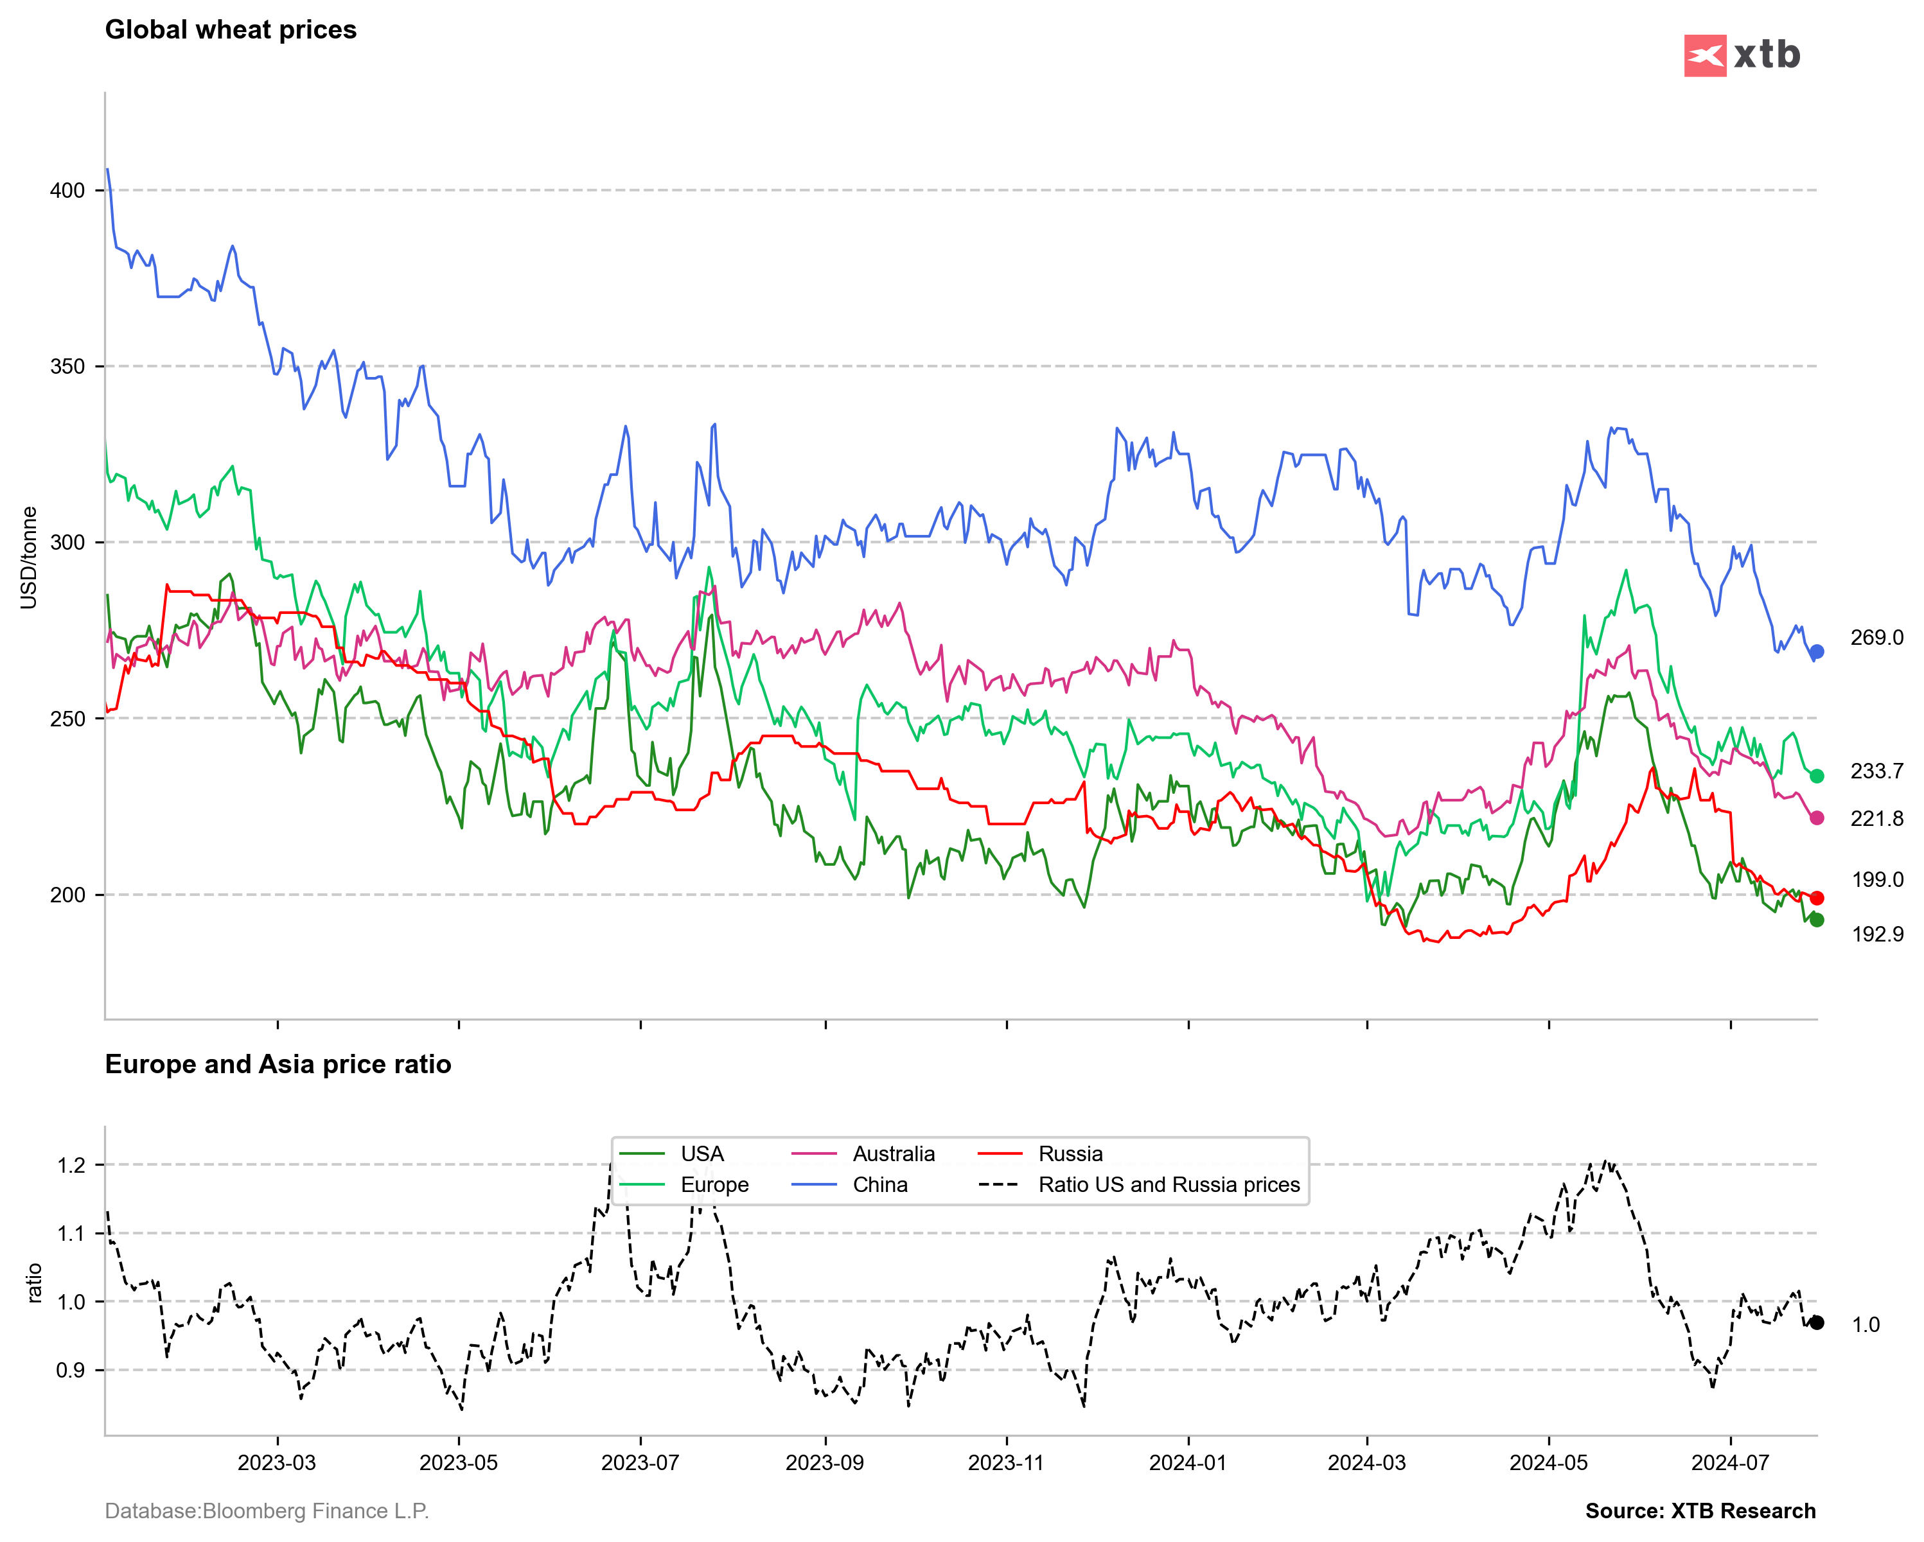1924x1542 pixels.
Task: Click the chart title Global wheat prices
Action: tap(230, 30)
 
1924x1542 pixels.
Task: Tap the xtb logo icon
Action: tap(1704, 55)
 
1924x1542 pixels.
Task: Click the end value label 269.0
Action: tap(1876, 638)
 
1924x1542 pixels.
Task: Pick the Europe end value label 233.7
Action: tap(1876, 771)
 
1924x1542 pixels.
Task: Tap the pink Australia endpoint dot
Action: tap(1816, 818)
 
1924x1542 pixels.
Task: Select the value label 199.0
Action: tap(1876, 880)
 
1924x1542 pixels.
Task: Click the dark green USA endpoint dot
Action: tap(1816, 920)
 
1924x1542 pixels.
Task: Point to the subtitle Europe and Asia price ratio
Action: tap(278, 1065)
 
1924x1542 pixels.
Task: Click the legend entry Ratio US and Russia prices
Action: tap(1168, 1185)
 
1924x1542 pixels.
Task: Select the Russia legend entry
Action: tap(1070, 1154)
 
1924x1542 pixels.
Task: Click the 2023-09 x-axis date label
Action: tap(825, 1464)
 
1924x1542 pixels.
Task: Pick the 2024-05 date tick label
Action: tap(1548, 1464)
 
